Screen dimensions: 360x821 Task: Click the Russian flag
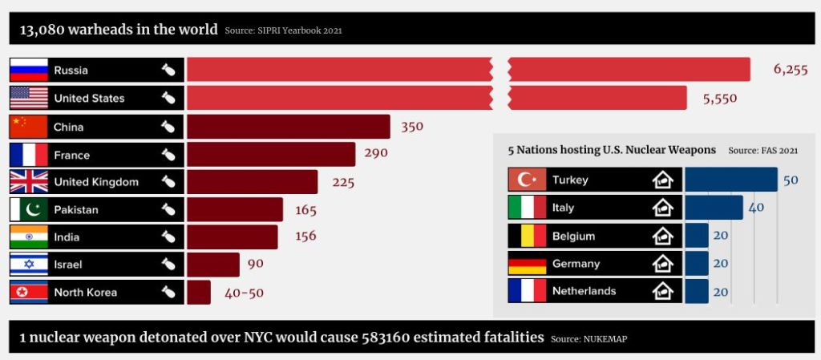pyautogui.click(x=29, y=70)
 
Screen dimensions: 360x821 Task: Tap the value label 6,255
pyautogui.click(x=791, y=70)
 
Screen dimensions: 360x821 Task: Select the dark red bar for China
pyautogui.click(x=289, y=127)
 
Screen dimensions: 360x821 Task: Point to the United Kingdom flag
pyautogui.click(x=29, y=182)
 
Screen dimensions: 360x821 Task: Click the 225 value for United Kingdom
pyautogui.click(x=343, y=182)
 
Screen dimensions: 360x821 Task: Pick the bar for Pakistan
pyautogui.click(x=235, y=210)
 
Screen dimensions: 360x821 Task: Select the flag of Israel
pyautogui.click(x=29, y=265)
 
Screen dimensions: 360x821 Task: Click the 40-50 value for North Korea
pyautogui.click(x=244, y=293)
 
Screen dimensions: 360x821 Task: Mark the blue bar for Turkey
pyautogui.click(x=731, y=180)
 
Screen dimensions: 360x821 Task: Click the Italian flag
pyautogui.click(x=528, y=208)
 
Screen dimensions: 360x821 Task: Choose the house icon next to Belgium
pyautogui.click(x=662, y=236)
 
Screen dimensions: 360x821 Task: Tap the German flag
pyautogui.click(x=528, y=264)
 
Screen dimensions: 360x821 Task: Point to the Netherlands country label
pyautogui.click(x=584, y=291)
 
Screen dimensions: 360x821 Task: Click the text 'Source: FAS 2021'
pyautogui.click(x=762, y=150)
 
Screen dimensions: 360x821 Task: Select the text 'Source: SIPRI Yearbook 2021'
pyautogui.click(x=283, y=31)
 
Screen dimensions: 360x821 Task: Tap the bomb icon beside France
pyautogui.click(x=168, y=155)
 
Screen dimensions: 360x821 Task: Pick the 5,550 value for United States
pyautogui.click(x=719, y=98)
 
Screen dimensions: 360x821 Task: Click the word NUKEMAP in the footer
pyautogui.click(x=607, y=339)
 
